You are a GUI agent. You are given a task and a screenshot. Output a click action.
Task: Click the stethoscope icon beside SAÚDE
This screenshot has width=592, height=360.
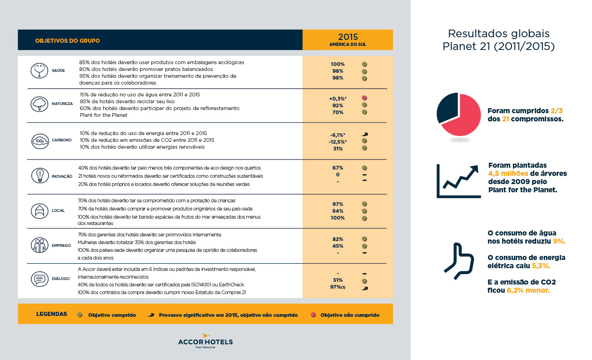[39, 70]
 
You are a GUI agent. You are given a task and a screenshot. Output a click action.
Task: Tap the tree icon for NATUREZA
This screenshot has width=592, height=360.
[39, 104]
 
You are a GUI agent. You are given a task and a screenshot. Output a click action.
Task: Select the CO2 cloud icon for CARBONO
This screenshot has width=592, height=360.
[39, 140]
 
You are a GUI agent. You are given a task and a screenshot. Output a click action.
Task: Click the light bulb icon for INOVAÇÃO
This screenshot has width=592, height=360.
[39, 175]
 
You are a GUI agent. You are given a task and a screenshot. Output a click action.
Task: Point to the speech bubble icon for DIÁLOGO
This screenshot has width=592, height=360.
[39, 278]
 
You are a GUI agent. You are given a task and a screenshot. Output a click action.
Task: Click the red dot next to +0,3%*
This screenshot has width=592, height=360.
[364, 98]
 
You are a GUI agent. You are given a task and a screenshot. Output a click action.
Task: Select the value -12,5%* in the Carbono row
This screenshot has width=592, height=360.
[338, 141]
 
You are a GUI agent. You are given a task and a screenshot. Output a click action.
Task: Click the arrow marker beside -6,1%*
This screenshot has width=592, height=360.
[364, 135]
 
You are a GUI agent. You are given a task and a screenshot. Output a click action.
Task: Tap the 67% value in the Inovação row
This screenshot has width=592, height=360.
[338, 168]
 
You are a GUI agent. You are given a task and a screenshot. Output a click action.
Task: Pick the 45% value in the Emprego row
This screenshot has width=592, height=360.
[338, 246]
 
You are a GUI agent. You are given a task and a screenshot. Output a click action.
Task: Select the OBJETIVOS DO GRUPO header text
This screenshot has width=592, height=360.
[67, 41]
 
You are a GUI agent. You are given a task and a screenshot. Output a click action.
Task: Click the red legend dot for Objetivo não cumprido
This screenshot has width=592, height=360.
[313, 315]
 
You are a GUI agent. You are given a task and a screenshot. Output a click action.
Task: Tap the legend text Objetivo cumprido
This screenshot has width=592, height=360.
[112, 315]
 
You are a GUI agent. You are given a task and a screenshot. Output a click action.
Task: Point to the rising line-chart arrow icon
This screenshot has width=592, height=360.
[458, 181]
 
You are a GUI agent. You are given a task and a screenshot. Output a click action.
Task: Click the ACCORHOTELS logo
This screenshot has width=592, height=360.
[205, 342]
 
